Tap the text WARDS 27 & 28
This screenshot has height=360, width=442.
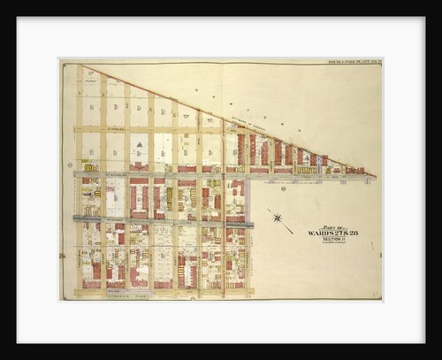(x=332, y=233)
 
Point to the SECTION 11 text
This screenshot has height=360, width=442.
(x=332, y=239)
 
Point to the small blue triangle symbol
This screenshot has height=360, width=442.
(x=138, y=144)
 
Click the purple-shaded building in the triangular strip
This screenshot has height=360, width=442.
(x=312, y=159)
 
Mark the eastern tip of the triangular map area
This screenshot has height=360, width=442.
(x=375, y=176)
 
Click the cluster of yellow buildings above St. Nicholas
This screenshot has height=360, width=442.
(x=91, y=165)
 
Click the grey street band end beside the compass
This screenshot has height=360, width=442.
(x=251, y=225)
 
